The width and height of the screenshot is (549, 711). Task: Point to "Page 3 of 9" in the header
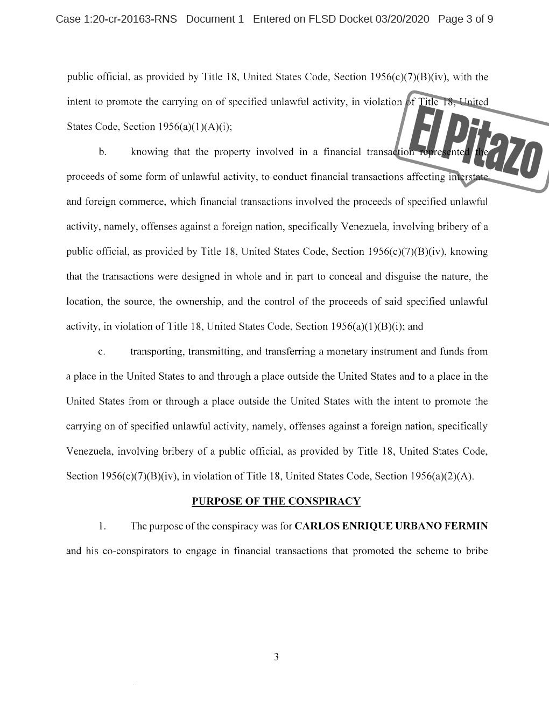[466, 19]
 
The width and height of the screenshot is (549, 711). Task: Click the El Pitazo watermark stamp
[474, 141]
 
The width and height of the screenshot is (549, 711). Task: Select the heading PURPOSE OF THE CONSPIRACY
[276, 501]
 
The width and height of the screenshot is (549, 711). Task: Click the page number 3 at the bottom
[276, 657]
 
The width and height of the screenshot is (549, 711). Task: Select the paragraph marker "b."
[102, 152]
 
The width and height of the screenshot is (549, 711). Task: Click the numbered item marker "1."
[102, 526]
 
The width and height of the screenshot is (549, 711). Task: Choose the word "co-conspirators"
[134, 551]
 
